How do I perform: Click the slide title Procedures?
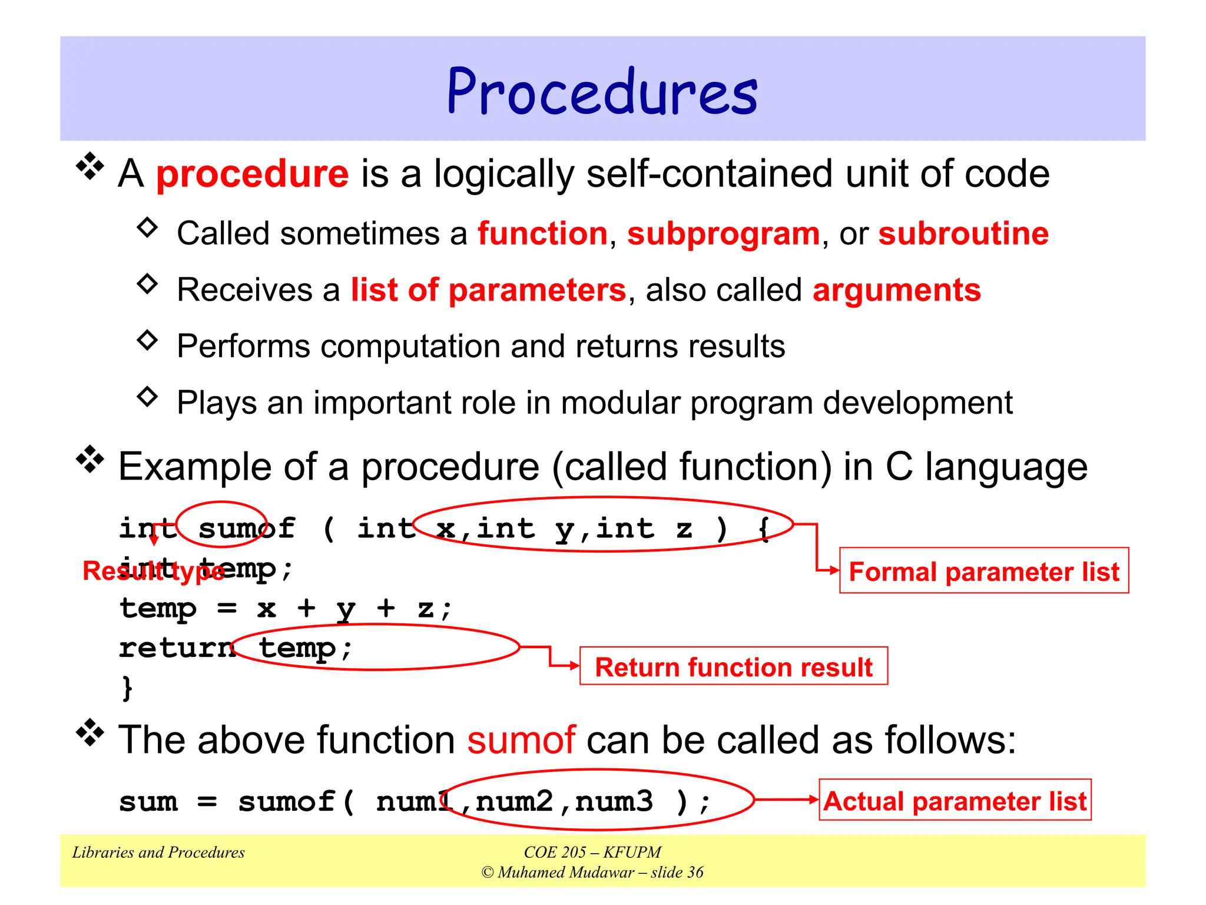click(602, 92)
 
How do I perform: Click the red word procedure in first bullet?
click(252, 174)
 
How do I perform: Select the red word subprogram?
click(723, 234)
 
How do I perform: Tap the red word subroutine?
click(963, 234)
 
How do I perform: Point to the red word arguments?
click(896, 290)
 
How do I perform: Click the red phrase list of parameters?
click(488, 290)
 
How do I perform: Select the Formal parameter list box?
click(983, 571)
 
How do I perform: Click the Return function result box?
click(733, 667)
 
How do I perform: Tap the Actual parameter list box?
click(955, 801)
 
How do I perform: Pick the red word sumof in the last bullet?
click(521, 740)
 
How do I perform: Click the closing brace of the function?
click(127, 687)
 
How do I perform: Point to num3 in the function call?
click(614, 801)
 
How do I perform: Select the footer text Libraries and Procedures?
click(158, 853)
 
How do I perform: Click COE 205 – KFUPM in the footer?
click(592, 853)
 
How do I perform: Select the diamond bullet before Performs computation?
click(147, 340)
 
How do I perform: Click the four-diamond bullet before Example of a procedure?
click(90, 459)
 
